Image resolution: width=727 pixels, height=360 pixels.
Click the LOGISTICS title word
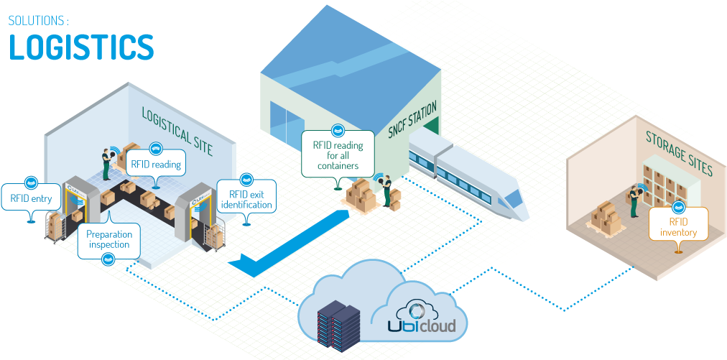tap(80, 47)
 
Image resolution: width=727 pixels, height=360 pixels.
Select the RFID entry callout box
tap(31, 198)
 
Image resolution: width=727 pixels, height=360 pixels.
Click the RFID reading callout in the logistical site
tap(155, 165)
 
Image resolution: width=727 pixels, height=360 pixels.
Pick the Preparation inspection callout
tap(108, 239)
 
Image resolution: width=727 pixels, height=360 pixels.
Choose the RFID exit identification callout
tap(246, 199)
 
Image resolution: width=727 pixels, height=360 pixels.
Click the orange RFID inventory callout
tap(678, 227)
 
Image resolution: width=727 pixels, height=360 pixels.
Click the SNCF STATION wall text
tap(412, 120)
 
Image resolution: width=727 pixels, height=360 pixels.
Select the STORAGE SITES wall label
tap(677, 154)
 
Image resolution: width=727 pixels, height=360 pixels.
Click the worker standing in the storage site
tap(634, 200)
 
